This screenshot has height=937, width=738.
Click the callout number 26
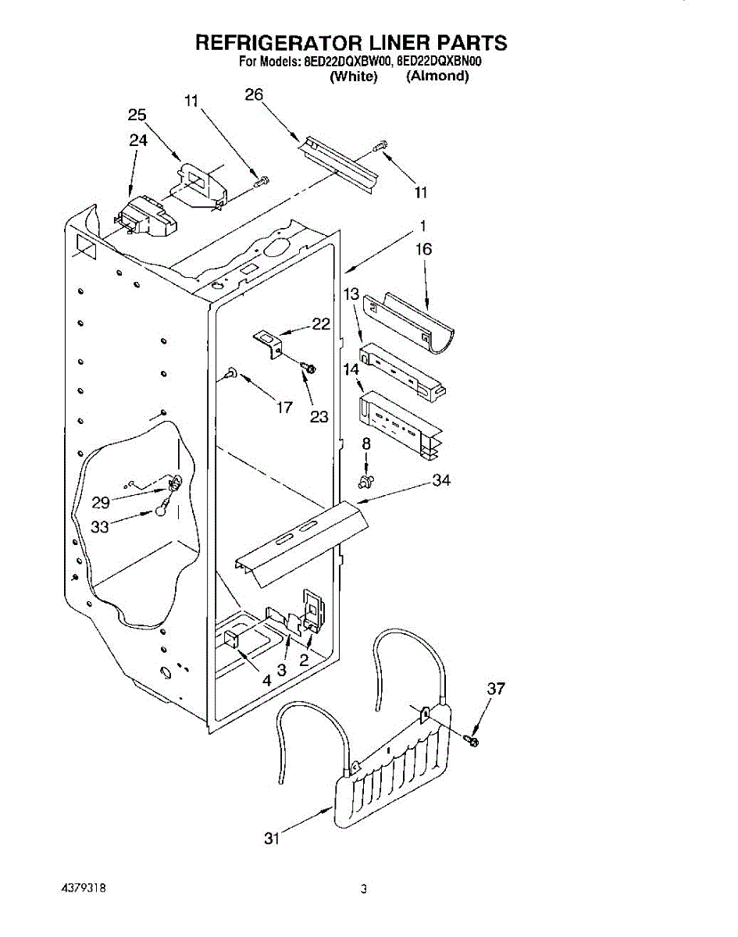254,95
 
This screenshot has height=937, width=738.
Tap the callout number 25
137,116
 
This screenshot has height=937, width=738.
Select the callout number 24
138,141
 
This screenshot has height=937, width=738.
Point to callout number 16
424,250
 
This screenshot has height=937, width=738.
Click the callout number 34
442,481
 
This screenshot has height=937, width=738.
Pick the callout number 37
496,689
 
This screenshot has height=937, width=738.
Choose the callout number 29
101,503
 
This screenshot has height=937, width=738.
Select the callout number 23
319,417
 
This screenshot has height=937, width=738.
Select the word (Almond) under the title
437,76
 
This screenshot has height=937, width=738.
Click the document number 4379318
82,889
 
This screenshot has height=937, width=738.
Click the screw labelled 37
472,739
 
